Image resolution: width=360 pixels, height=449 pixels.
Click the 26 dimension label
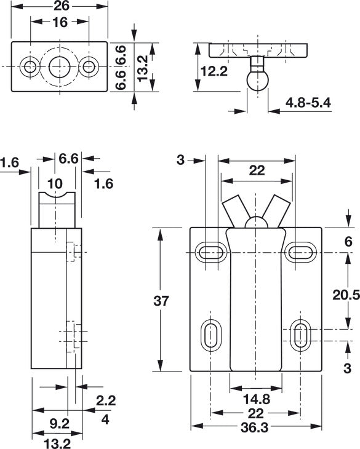pos(62,6)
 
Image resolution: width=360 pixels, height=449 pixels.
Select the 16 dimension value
pos(60,22)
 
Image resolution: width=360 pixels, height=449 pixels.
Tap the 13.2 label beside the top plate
pos(142,68)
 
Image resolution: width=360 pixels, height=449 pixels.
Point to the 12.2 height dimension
pos(214,71)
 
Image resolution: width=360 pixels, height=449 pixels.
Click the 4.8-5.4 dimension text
pos(308,103)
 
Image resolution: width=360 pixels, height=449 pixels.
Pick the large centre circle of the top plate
pos(60,67)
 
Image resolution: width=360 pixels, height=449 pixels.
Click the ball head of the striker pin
pos(257,81)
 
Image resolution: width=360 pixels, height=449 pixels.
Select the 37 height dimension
pos(161,301)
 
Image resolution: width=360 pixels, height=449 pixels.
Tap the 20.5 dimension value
pos(346,295)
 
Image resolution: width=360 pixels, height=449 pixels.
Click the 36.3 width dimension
pos(255,427)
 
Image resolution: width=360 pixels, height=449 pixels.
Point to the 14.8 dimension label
pos(257,399)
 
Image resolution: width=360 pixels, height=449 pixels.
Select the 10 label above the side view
pos(55,183)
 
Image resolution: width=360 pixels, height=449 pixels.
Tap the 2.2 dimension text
pos(106,400)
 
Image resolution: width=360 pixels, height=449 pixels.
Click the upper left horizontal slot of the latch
pos(211,253)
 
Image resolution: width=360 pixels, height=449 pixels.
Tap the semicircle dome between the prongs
pos(257,223)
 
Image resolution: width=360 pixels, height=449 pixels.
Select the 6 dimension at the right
pos(348,242)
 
